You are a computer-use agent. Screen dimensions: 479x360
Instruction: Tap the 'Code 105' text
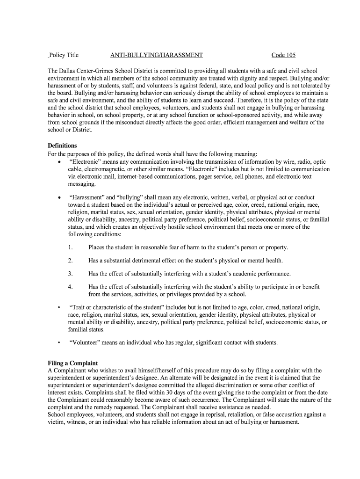pos(283,55)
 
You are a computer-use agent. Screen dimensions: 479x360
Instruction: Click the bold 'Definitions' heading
pos(62,145)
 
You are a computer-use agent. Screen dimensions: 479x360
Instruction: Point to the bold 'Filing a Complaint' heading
pos(73,363)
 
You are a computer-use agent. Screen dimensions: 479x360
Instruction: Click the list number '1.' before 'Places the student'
pos(70,247)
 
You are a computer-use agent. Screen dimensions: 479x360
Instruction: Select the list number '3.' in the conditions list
pos(70,274)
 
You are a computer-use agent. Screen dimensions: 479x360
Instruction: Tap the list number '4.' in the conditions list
pos(70,287)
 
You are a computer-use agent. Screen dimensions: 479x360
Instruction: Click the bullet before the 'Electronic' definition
pos(58,162)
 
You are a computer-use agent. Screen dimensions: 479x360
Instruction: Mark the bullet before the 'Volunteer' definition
pos(58,342)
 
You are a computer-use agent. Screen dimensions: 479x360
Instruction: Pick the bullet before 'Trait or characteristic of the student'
pos(58,307)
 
